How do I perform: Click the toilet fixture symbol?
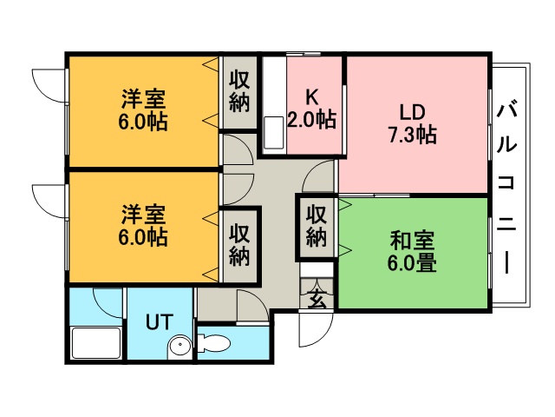(214, 343)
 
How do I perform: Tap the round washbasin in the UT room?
(180, 345)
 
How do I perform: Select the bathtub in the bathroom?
(96, 343)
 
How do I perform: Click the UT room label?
(160, 321)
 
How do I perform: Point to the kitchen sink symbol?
(274, 133)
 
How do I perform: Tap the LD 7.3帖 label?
(413, 123)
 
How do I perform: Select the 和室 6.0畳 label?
(412, 251)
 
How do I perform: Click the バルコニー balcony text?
(506, 189)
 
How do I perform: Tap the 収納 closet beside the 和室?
(316, 226)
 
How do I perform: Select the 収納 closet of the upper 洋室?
(239, 92)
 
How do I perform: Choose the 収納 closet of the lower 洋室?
(239, 245)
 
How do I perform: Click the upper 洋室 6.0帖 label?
(143, 110)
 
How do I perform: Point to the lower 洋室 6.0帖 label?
(143, 225)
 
